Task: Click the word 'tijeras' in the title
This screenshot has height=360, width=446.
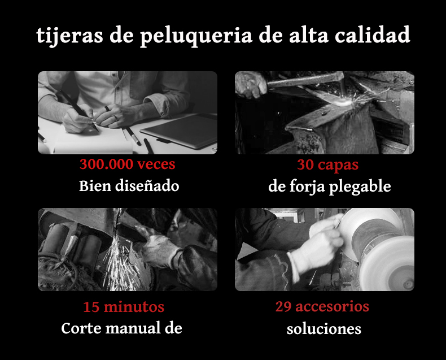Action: pos(69,35)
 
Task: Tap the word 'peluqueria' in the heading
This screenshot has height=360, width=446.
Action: pos(196,36)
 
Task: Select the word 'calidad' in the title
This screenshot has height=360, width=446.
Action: pos(373,34)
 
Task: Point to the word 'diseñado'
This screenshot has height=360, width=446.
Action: pos(147,186)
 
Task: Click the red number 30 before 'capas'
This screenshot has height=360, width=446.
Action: pos(305,164)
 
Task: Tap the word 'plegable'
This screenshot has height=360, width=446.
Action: pos(360,187)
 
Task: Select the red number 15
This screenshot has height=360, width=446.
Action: pos(91,307)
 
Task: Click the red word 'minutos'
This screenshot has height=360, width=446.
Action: pos(134,307)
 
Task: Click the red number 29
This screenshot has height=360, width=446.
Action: pos(283,306)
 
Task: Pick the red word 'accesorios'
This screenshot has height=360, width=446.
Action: pos(332,307)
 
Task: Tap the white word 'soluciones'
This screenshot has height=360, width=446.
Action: pos(324,329)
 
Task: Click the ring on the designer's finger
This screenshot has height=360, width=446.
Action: pos(107,109)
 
